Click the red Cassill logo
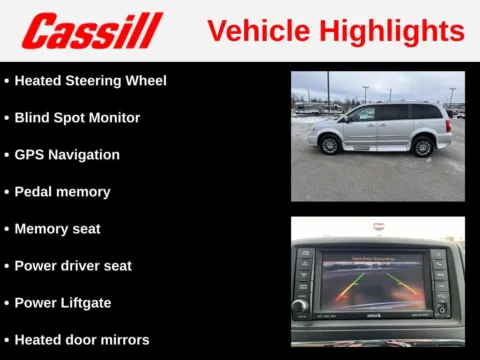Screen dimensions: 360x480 [91, 31]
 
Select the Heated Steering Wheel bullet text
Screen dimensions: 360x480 [90, 80]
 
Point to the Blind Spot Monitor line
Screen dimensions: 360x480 [77, 117]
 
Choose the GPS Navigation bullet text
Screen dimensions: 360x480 [67, 155]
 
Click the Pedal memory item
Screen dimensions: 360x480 [62, 191]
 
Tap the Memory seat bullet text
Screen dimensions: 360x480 [57, 229]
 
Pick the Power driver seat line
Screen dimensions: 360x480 [73, 266]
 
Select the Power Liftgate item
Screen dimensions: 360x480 [63, 302]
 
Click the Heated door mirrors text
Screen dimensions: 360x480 [81, 340]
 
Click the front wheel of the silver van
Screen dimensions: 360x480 [330, 145]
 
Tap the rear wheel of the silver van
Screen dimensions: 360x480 [423, 146]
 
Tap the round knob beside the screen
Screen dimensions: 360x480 [300, 305]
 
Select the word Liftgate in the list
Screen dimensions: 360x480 [83, 302]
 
